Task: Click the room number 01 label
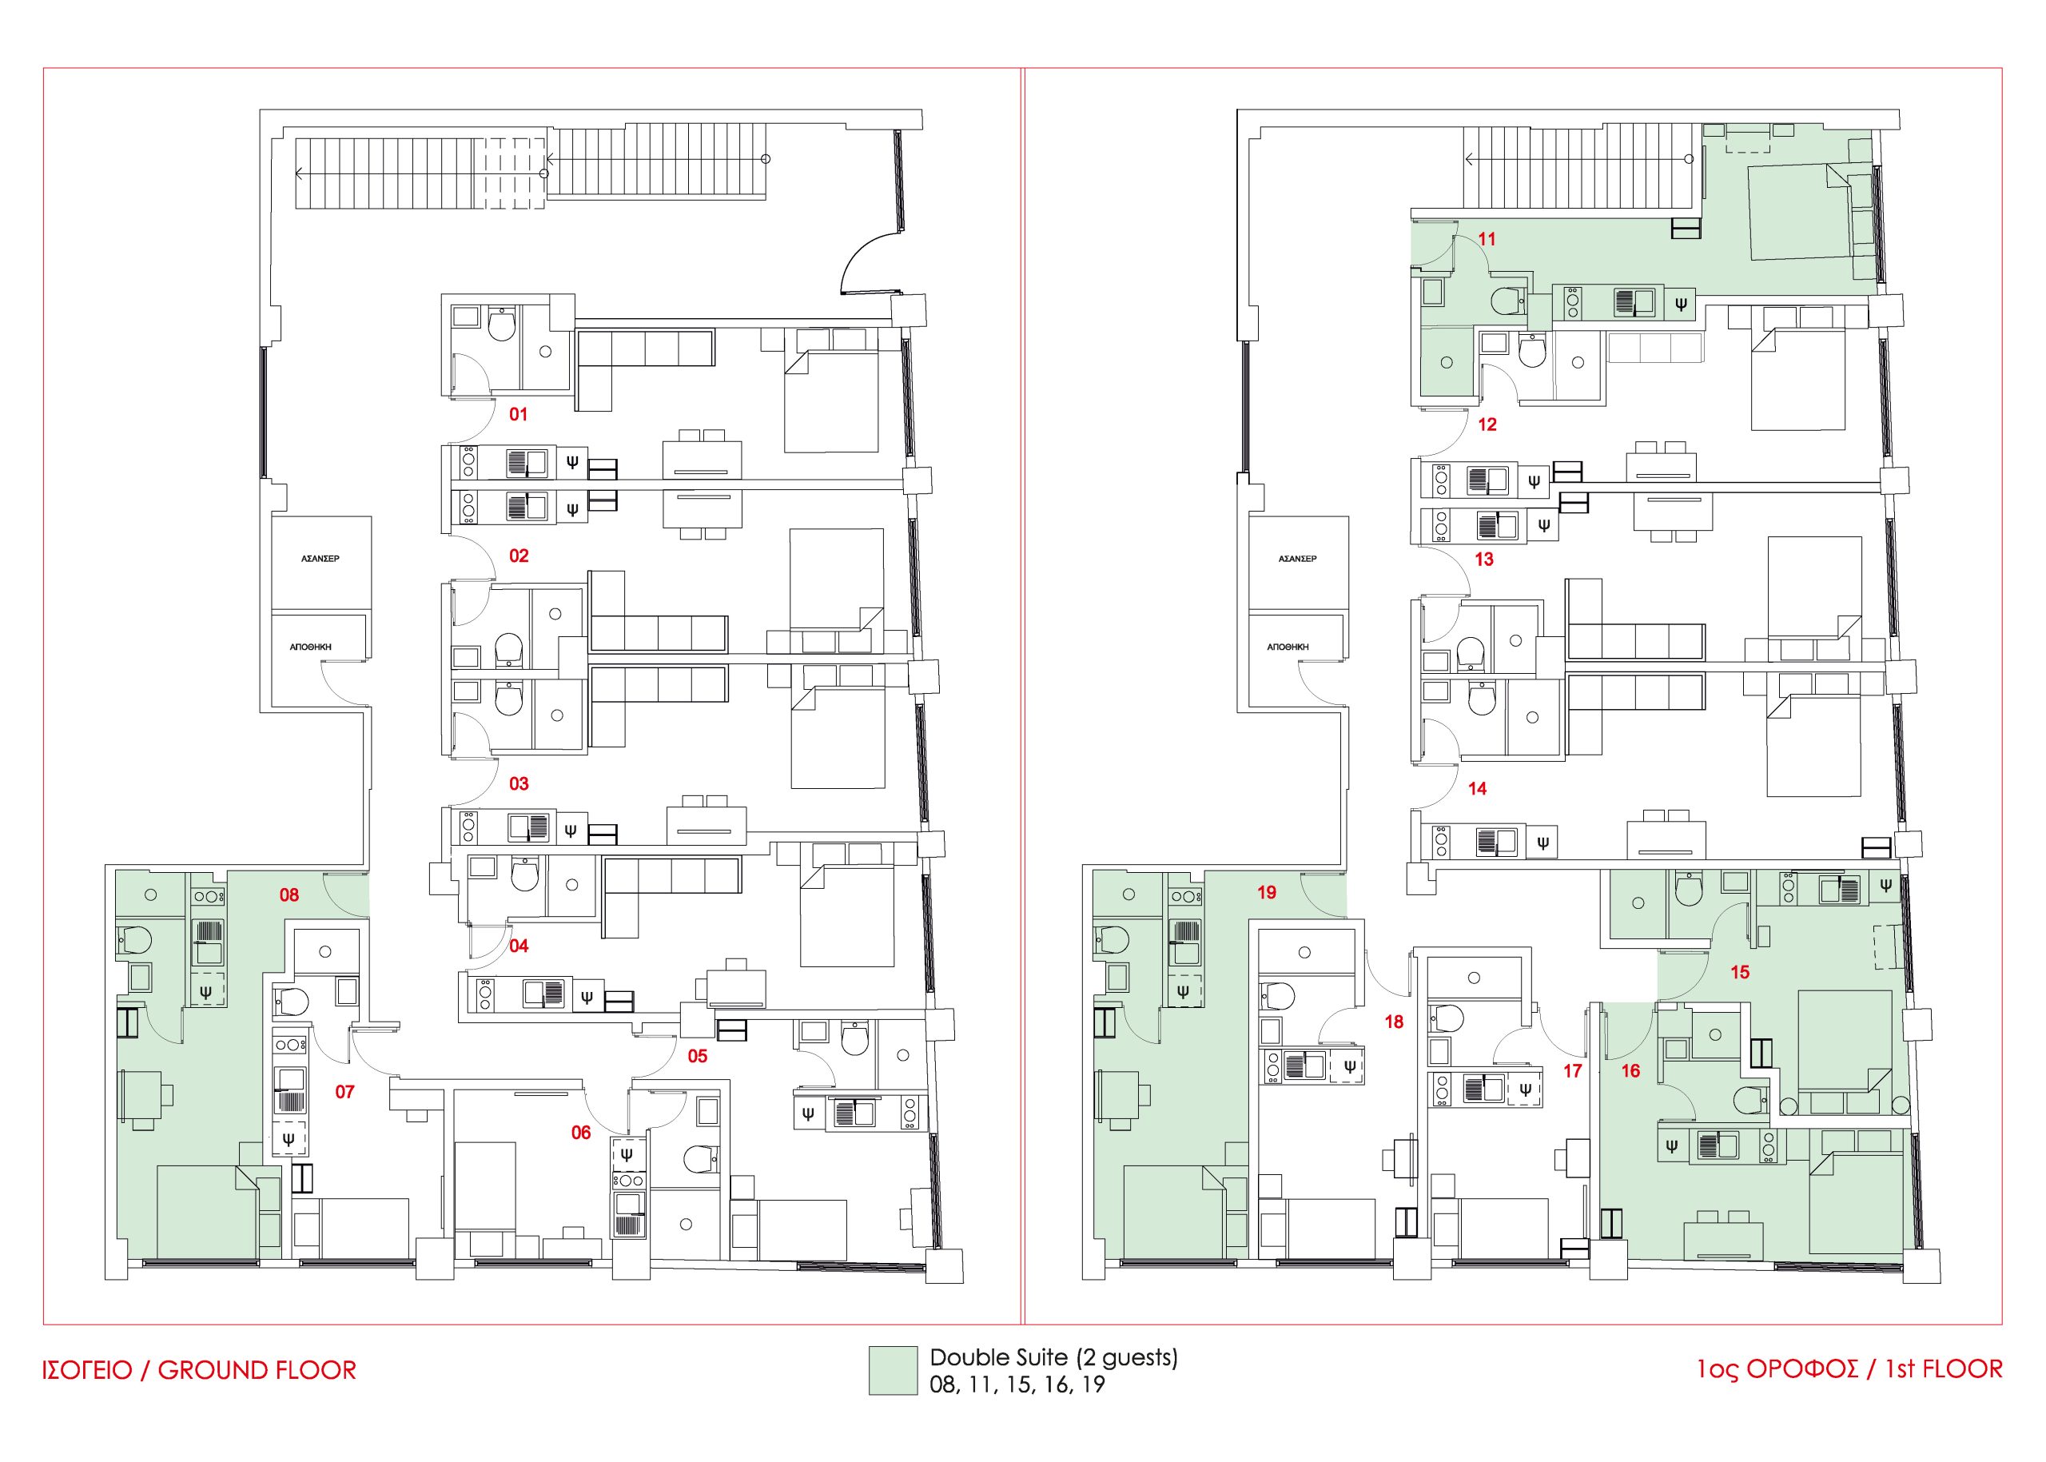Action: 519,414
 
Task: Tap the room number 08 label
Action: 289,894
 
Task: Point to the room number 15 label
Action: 1740,972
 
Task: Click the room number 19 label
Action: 1267,892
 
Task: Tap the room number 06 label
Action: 582,1133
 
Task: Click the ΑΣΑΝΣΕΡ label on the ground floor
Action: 320,559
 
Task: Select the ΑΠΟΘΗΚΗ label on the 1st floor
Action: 1288,647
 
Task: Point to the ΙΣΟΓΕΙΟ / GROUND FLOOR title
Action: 199,1370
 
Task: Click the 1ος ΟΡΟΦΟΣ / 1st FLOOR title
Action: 1849,1369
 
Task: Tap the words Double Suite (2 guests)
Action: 1053,1356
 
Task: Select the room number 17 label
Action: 1573,1071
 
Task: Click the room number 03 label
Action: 519,783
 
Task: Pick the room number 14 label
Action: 1477,789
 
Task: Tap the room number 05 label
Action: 698,1056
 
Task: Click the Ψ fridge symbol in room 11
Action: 1681,305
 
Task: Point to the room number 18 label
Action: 1393,1022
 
